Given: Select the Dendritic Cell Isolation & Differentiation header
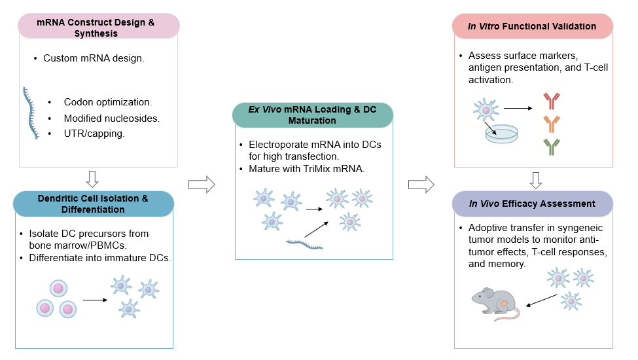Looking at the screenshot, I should click(94, 204).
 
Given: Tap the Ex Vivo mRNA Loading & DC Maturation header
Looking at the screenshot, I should click(312, 115).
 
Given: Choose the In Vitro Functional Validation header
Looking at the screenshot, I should click(532, 27).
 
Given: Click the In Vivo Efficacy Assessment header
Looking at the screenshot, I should click(532, 204).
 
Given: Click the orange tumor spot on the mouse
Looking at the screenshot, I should click(505, 304).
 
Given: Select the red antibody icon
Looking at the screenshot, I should click(552, 101).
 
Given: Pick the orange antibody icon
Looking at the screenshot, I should click(552, 124).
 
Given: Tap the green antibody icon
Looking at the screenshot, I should click(552, 147).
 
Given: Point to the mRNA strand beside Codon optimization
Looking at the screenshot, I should click(29, 111).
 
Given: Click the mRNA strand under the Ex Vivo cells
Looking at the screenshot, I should click(304, 245).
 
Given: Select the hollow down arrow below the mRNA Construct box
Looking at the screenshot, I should click(92, 178).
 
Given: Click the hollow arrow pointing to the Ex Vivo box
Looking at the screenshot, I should click(202, 185).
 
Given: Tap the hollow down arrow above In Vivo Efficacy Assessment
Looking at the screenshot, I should click(535, 179).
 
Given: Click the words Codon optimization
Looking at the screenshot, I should click(108, 102).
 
